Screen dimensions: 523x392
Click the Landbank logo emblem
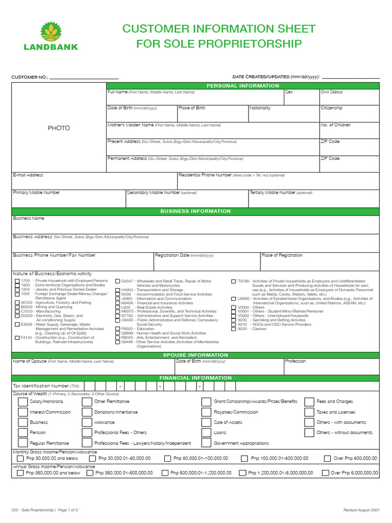[51, 32]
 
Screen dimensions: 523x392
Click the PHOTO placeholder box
[59, 128]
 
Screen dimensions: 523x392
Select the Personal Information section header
[242, 86]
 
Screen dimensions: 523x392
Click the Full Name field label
[117, 92]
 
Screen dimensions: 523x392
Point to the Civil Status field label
[331, 92]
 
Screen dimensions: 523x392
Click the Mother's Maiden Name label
[130, 125]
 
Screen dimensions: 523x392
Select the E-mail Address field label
[28, 175]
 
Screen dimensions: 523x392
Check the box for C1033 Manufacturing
[17, 311]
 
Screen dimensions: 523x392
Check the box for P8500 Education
[118, 329]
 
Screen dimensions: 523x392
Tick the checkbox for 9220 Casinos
[234, 329]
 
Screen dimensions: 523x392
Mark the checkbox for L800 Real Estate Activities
[118, 307]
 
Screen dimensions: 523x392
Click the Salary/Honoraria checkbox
[22, 402]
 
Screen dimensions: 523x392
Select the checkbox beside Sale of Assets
[206, 423]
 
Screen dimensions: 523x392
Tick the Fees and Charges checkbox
[309, 402]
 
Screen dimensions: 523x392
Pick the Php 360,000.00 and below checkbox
[20, 473]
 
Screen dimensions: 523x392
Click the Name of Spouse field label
[30, 362]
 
